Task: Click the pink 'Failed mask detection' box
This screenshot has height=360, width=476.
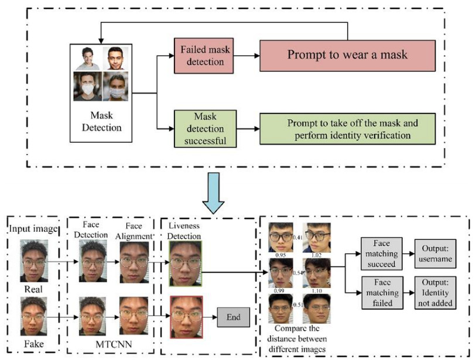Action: point(204,56)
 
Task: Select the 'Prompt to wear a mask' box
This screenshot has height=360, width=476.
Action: point(347,56)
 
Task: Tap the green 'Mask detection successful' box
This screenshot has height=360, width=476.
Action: point(206,129)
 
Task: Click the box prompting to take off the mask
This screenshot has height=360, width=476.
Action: point(347,129)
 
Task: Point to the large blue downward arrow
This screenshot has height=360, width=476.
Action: point(214,193)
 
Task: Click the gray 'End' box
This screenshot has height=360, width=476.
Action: point(234,317)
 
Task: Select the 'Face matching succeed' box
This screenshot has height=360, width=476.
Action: point(382,254)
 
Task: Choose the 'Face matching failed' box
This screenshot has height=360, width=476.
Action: point(382,293)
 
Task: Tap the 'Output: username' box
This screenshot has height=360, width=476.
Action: point(436,254)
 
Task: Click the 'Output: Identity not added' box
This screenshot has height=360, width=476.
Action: point(436,293)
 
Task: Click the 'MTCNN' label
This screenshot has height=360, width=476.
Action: point(114,344)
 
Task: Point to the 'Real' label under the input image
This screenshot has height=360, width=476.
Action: point(33,289)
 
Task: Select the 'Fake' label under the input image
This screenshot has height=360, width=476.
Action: point(34,344)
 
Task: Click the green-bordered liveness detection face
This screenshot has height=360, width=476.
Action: point(186,263)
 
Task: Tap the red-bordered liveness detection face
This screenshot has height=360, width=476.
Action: point(186,317)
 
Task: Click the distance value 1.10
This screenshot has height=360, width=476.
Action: point(316,291)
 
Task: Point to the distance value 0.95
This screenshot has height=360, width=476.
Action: point(280,255)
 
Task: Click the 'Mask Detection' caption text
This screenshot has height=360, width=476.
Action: point(102,121)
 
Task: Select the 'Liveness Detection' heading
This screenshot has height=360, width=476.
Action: point(184,231)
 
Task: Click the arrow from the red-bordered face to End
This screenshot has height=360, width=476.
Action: point(210,317)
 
